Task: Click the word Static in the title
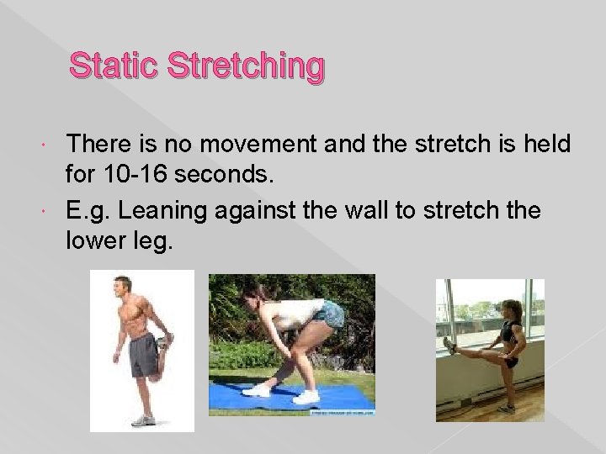click(x=114, y=66)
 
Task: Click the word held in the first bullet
click(x=547, y=145)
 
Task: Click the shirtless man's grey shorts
click(x=142, y=354)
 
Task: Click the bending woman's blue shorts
click(x=331, y=316)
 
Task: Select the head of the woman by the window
click(x=513, y=309)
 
